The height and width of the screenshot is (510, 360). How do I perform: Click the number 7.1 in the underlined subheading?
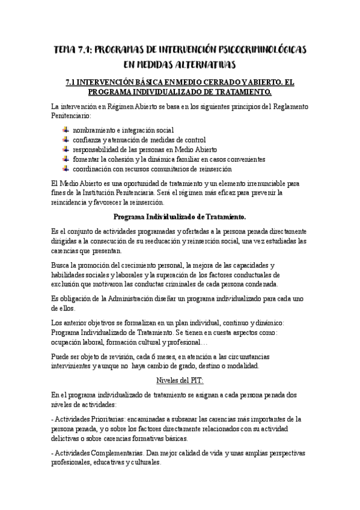point(72,81)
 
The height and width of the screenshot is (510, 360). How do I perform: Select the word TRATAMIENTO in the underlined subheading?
point(240,91)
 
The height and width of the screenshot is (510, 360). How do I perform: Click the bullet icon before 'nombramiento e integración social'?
point(66,129)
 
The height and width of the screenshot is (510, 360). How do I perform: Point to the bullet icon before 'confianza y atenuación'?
point(66,140)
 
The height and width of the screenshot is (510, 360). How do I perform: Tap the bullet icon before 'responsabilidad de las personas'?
point(66,149)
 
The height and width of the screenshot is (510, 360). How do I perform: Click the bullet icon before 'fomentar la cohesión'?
point(66,159)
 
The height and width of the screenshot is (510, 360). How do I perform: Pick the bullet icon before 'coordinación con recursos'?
point(66,169)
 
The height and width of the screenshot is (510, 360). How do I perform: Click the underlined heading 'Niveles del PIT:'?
point(180,381)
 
